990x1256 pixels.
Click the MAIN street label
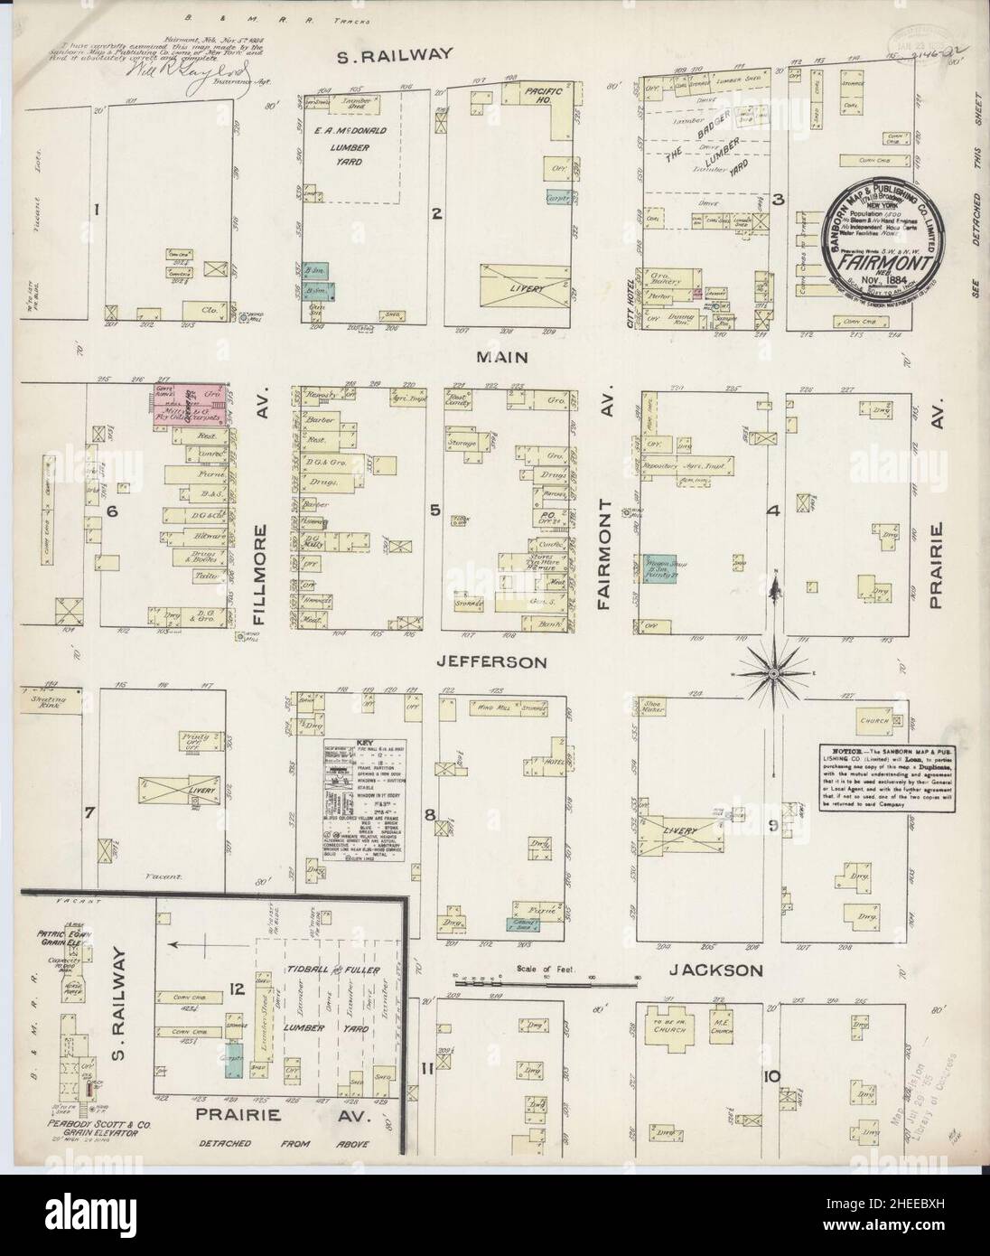pos(504,358)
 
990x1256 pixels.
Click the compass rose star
pos(775,672)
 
